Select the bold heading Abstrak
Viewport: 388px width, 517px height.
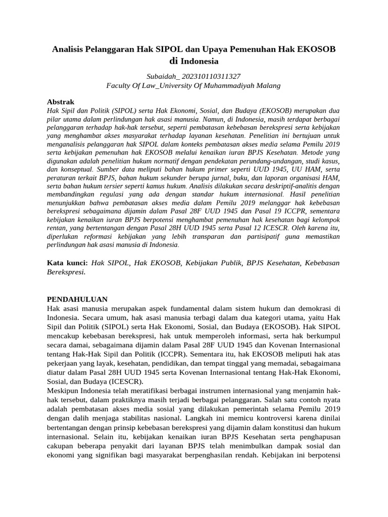(x=61, y=101)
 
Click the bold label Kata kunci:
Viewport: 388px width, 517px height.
(x=67, y=263)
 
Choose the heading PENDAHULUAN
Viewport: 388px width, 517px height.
(x=77, y=299)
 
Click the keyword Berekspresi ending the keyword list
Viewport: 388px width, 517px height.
(x=66, y=272)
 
